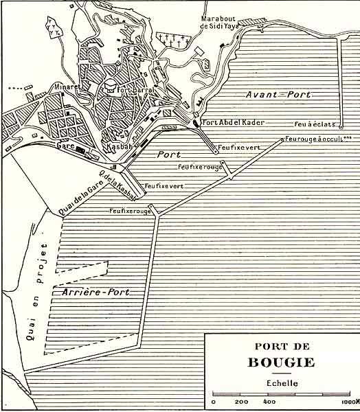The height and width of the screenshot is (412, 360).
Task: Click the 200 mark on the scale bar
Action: click(x=241, y=402)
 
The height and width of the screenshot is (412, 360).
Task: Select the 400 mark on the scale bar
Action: click(x=269, y=402)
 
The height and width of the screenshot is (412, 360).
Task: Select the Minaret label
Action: click(x=67, y=88)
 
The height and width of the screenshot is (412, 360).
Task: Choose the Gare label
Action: click(x=66, y=146)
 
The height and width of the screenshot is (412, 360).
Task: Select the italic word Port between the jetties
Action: click(x=168, y=154)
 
